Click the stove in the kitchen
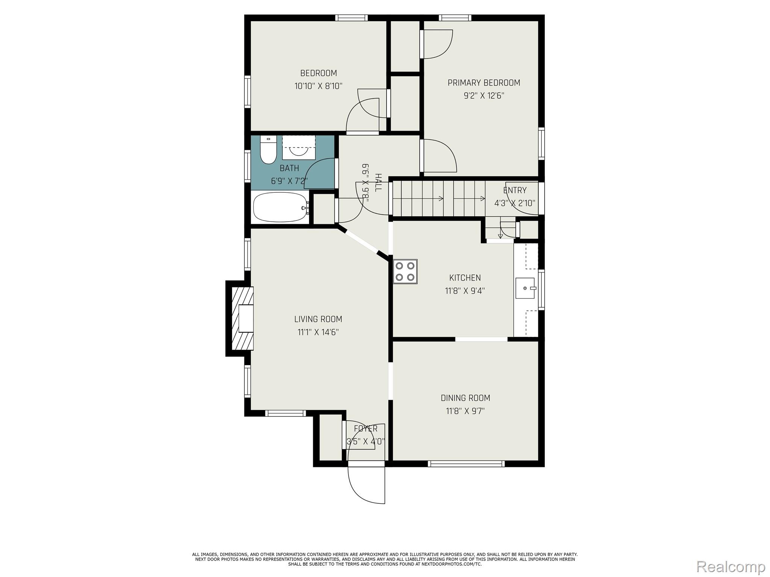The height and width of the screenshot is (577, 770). click(405, 271)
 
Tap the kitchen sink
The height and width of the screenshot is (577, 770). click(525, 288)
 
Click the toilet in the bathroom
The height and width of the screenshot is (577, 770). click(268, 150)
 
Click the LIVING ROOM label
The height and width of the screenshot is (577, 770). click(318, 319)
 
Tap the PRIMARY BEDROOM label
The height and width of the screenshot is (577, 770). click(484, 83)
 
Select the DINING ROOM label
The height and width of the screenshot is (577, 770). click(465, 398)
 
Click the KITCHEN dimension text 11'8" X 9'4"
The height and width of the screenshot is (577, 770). click(465, 291)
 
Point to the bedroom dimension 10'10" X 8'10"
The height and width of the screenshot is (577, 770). click(318, 86)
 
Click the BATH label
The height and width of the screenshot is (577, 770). click(290, 168)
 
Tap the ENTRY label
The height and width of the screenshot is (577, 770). click(515, 190)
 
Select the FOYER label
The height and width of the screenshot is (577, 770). click(365, 429)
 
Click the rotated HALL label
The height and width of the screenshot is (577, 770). click(378, 182)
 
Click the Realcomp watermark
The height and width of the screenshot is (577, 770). click(731, 566)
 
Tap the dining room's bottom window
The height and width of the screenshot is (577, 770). click(466, 464)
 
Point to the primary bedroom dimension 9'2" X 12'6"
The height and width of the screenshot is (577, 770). click(484, 95)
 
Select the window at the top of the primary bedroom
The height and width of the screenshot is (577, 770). click(455, 18)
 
